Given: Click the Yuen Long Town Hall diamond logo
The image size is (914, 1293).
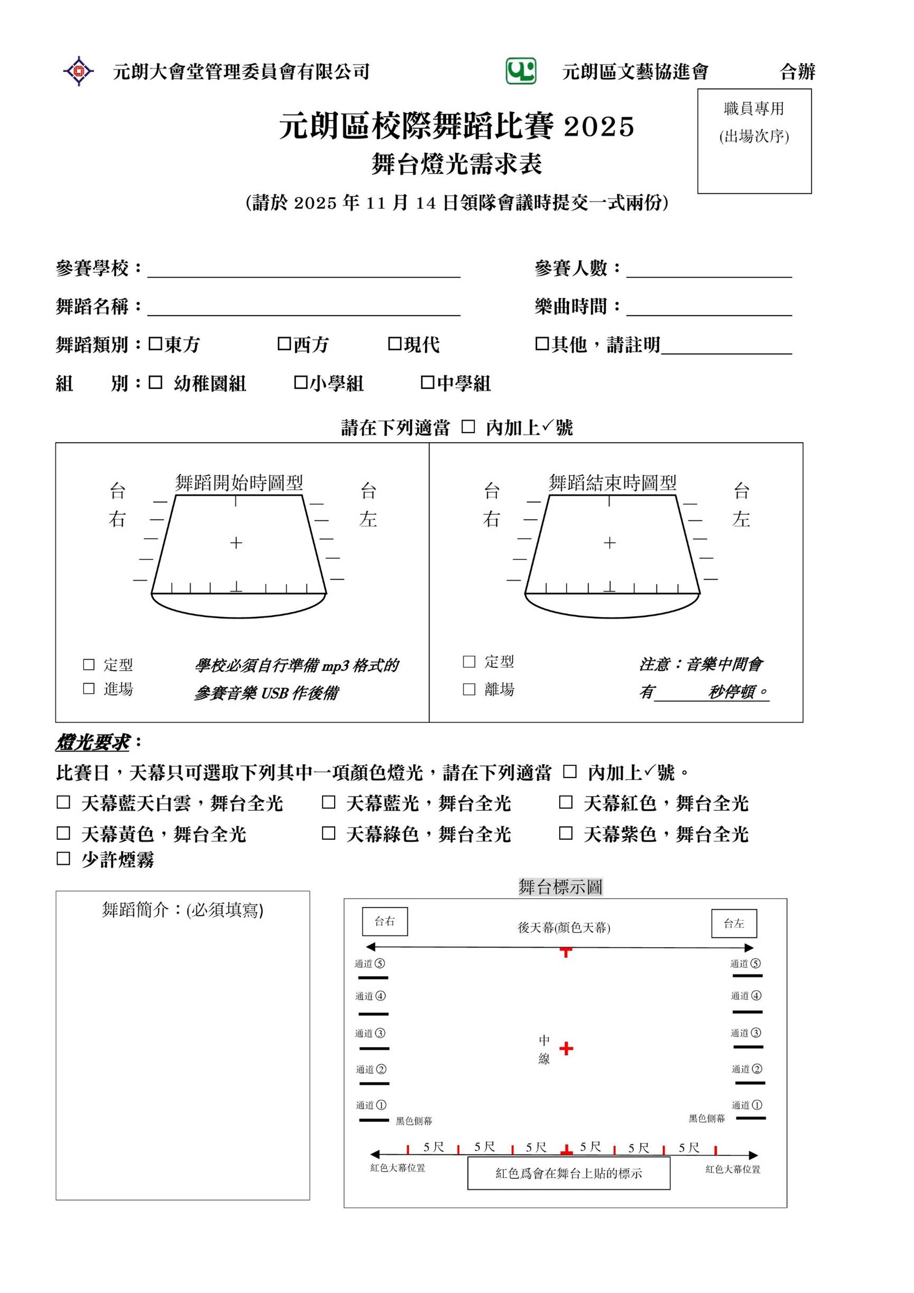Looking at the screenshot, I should point(79,71).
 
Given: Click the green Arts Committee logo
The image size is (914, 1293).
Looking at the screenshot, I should point(520,71).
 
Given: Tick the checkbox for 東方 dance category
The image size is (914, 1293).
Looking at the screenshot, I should point(155,344).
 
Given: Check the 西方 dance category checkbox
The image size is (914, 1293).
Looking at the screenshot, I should point(284,344).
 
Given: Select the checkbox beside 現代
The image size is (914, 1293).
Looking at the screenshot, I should point(394,344).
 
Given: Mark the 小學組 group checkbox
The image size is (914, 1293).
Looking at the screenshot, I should point(301,383).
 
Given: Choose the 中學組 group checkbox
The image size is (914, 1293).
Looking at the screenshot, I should point(427,383).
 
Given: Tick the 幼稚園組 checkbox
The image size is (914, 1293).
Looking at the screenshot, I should point(155,383).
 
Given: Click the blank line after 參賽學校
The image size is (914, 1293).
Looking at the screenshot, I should point(304,270).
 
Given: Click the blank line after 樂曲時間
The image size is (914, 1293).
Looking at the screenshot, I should point(709,309).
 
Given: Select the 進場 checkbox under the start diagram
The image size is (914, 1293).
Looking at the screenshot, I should point(89,688).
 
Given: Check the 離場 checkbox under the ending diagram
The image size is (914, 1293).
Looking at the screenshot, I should point(469,689).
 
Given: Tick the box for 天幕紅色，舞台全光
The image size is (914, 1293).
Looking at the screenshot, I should point(566,802).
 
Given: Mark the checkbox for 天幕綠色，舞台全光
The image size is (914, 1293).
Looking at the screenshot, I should point(328,833).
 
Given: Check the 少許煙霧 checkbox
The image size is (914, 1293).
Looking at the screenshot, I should point(63,858).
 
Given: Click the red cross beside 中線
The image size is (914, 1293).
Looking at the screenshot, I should point(566,1048).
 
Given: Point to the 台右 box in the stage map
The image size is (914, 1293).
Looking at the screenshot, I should point(385,921).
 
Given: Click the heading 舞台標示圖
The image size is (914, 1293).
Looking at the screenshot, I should point(560,887).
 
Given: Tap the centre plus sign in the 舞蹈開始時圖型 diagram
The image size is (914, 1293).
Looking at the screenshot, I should point(236,543).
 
